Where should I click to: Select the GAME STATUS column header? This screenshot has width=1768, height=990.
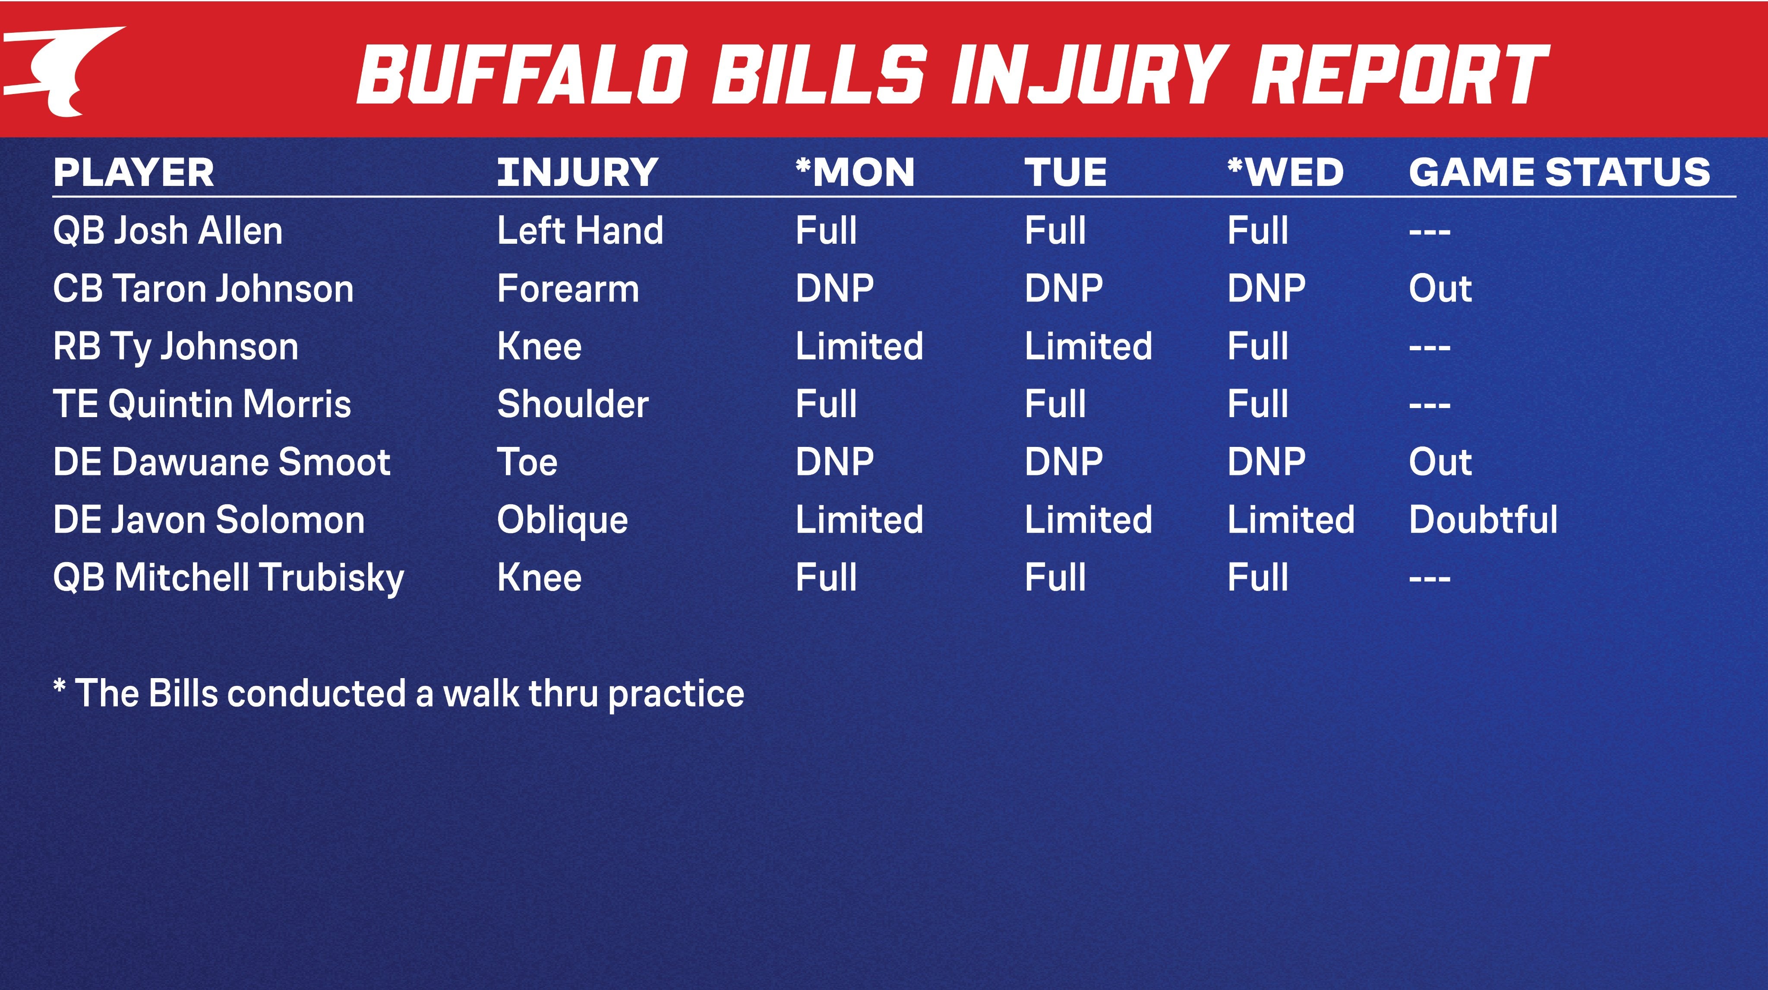pos(1560,172)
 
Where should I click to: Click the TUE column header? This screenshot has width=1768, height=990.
pos(1066,172)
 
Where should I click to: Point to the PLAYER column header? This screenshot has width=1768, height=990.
pos(134,172)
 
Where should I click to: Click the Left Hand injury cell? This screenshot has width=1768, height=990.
pos(580,230)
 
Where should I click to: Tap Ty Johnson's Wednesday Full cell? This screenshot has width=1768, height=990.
pos(1257,346)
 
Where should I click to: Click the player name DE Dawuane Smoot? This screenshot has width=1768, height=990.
pos(222,462)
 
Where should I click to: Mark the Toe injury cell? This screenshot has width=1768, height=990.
pos(527,462)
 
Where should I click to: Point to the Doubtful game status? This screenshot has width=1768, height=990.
pos(1483,519)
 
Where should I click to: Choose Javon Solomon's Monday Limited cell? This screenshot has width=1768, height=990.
pos(859,519)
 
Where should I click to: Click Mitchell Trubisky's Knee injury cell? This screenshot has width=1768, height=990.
pos(540,577)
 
